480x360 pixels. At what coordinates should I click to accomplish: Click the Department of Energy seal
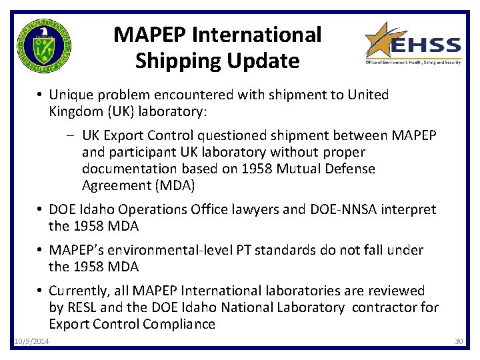click(43, 46)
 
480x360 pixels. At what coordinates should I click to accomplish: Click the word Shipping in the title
click(170, 61)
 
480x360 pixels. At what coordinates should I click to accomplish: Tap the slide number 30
click(458, 342)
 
